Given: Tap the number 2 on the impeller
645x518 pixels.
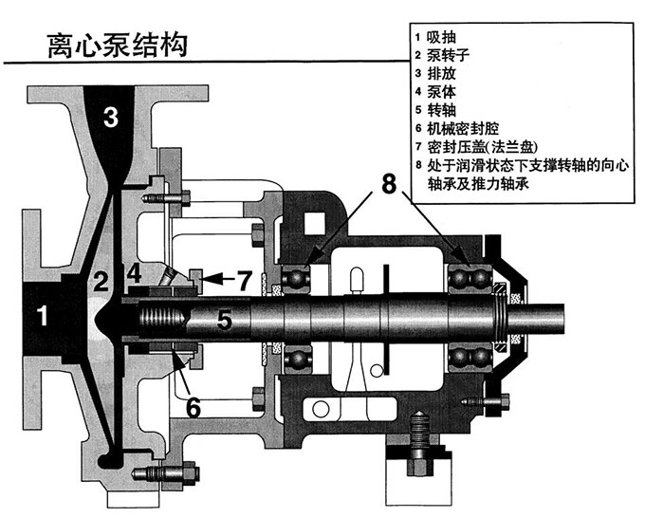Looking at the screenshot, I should coord(101,281).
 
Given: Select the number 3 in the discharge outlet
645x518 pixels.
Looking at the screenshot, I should coord(111,117).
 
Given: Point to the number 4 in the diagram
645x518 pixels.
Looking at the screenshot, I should coord(135,274).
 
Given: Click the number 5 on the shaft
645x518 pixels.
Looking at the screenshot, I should coord(224,320).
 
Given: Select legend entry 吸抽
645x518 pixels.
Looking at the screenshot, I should coord(441,37).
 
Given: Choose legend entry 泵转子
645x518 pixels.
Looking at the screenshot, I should coord(448,55).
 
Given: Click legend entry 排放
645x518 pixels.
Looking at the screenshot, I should coord(441,73).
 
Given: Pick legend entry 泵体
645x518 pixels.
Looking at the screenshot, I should coord(441,91).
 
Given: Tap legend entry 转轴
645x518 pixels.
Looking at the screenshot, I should coord(441,109).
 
